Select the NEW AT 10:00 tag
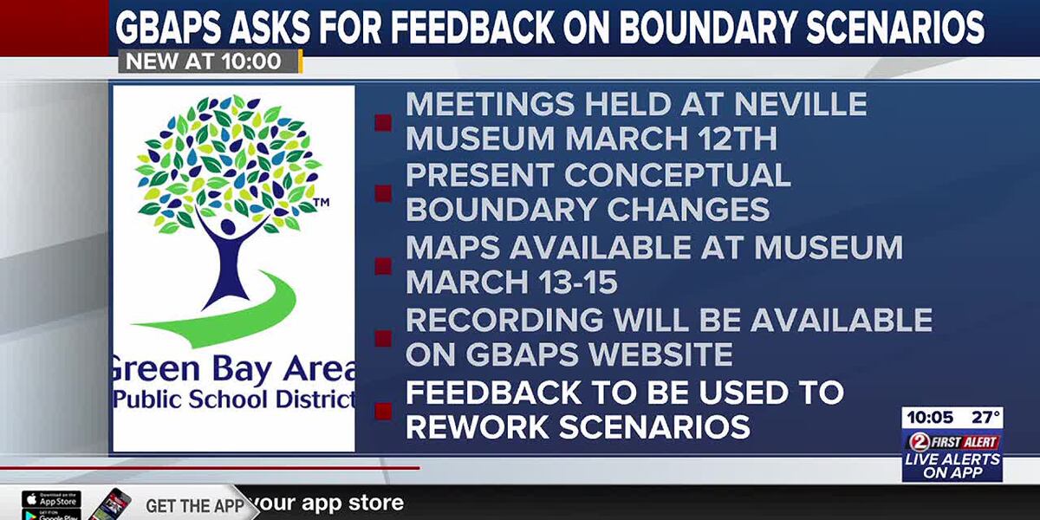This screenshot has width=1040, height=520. click(x=205, y=62)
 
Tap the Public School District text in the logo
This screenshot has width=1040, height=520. click(x=234, y=400)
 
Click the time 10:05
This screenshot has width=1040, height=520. click(x=930, y=418)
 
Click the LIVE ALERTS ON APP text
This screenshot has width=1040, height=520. click(x=952, y=466)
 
